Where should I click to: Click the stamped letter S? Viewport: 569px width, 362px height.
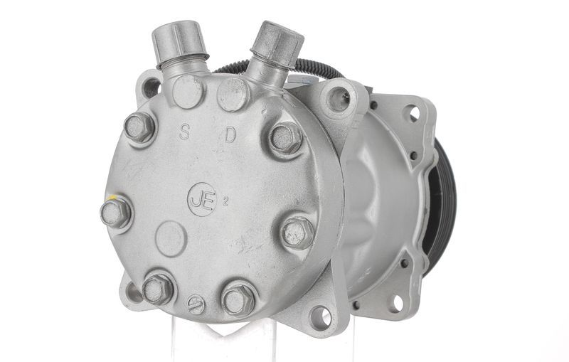184,132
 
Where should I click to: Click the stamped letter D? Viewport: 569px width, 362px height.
230,134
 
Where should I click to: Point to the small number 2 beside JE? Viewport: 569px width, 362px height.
225,203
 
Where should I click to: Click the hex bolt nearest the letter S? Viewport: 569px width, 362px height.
139,127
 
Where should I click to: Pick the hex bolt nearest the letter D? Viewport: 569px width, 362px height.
285,137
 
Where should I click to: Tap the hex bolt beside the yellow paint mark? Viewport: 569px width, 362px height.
116,213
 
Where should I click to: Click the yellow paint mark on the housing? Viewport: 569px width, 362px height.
111,198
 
